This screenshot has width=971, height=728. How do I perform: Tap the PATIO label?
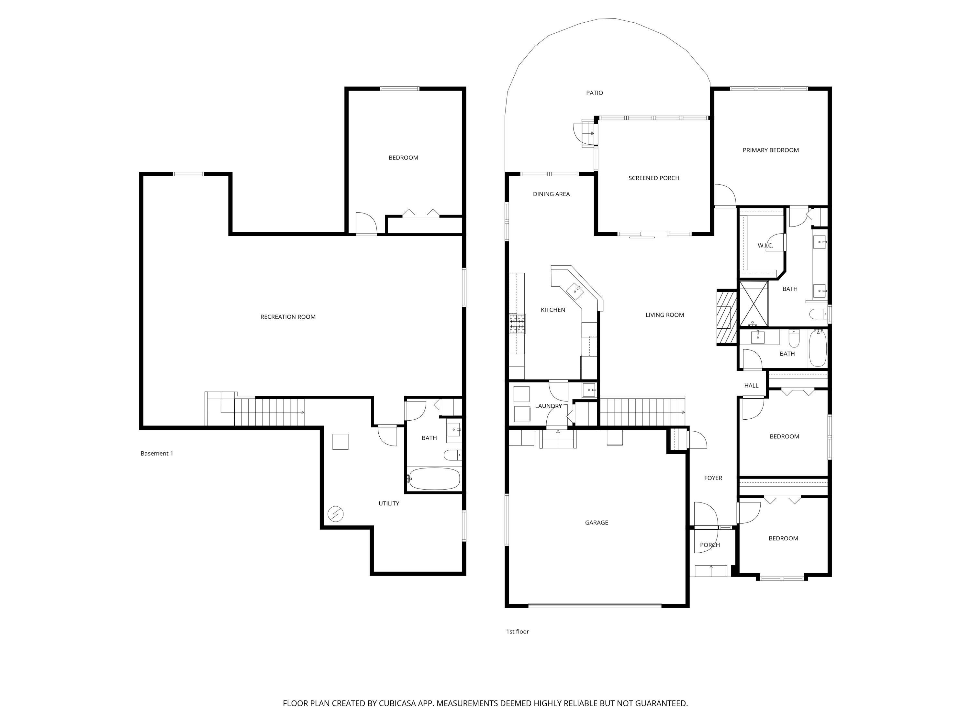tap(594, 93)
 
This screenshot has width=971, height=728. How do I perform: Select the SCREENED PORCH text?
tap(653, 178)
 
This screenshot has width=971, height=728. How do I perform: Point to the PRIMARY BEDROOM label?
tap(770, 150)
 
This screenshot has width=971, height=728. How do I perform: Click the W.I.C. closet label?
tap(765, 245)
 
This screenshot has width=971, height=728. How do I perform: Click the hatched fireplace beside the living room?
tap(727, 317)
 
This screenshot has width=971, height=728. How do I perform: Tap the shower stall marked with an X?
tap(753, 304)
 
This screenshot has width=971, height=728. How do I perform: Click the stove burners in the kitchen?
tap(517, 324)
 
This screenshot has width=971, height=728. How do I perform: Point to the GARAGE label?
tap(596, 523)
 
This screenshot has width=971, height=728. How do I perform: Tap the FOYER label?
tap(713, 478)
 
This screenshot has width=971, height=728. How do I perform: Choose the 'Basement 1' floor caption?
tap(157, 453)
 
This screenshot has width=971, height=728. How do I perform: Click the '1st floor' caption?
tap(517, 632)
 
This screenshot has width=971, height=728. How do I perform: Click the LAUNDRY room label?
tap(548, 406)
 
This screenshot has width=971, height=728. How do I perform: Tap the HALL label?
tap(751, 385)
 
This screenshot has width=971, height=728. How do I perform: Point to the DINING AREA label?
tap(551, 194)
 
